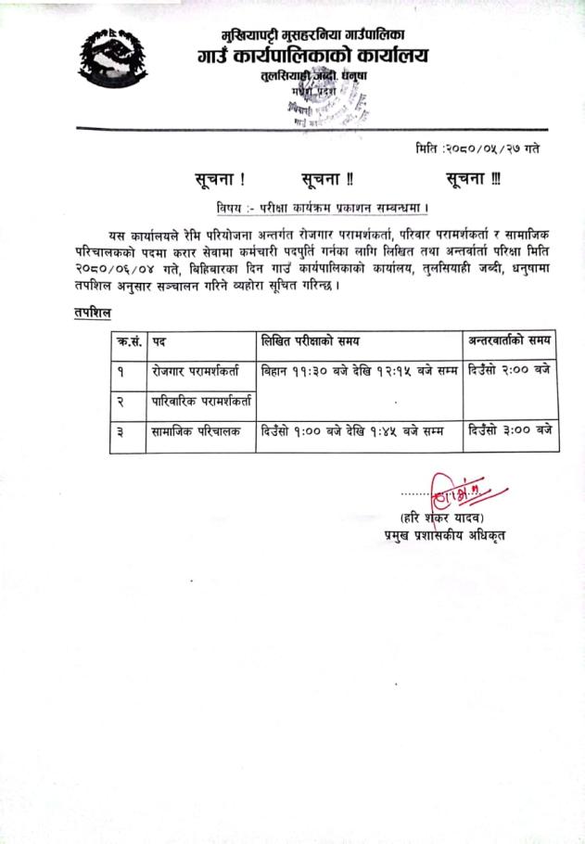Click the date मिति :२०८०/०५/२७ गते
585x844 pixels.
click(477, 148)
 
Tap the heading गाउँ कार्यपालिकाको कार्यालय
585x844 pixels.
click(313, 56)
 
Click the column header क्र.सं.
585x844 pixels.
click(129, 341)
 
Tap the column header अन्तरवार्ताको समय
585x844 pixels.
click(511, 341)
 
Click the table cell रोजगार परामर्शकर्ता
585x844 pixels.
click(196, 371)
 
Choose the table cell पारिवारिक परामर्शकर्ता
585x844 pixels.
click(203, 403)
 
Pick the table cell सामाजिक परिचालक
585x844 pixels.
click(194, 432)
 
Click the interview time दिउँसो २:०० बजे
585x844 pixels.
click(510, 371)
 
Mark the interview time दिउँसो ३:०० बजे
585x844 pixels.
click(510, 431)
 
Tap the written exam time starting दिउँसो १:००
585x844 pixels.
click(353, 431)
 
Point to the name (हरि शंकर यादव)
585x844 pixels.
click(442, 517)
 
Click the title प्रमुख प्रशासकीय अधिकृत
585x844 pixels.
click(444, 535)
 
